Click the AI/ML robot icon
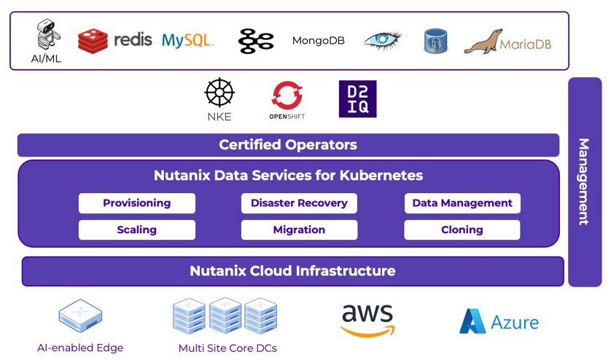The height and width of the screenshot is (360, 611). tap(48, 34)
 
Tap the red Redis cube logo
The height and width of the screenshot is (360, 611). tap(93, 41)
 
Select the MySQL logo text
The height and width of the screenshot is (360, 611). tap(187, 40)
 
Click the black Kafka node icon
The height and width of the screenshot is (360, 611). tap(256, 41)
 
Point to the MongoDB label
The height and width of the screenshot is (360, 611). tap(319, 41)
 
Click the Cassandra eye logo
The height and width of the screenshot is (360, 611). tap(382, 41)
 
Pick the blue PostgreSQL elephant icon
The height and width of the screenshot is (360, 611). tap(435, 41)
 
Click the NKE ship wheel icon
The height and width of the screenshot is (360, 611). tap(219, 93)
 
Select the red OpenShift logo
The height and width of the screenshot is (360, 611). tap(287, 95)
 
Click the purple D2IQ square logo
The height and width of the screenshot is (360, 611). tap(358, 99)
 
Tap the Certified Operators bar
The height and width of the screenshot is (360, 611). tap(288, 145)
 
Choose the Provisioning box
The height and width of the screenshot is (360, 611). tap(137, 203)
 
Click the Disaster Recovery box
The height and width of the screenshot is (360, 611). tap(299, 203)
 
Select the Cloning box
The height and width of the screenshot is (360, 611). tap(462, 230)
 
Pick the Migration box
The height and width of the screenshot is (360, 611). tap(299, 230)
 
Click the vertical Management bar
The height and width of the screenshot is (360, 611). tap(585, 182)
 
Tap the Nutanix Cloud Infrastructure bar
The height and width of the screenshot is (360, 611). tap(292, 271)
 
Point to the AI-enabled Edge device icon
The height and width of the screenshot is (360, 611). tap(80, 316)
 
